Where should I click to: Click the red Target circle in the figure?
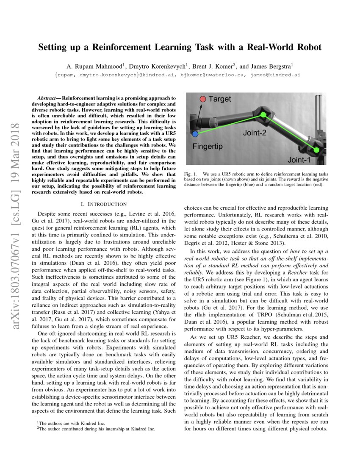[x=202, y=99]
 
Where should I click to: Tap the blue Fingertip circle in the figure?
[x=195, y=134]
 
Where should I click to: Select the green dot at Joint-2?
[x=263, y=115]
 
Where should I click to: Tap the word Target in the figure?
[x=220, y=99]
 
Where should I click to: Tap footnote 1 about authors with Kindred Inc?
[x=69, y=423]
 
